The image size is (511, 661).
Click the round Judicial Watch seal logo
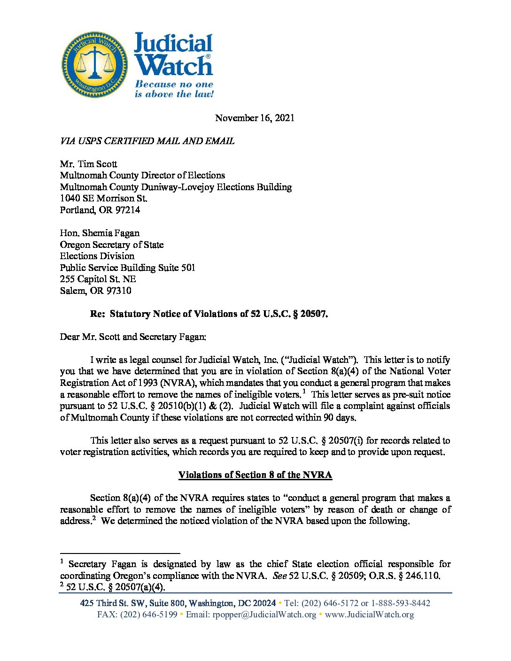(x=95, y=65)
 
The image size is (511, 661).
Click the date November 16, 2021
(x=255, y=118)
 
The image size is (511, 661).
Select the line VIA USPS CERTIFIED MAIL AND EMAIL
(x=147, y=141)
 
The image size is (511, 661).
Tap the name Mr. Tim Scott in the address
(x=88, y=164)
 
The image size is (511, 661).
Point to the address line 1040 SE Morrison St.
(x=103, y=198)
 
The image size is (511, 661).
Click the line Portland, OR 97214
(x=100, y=210)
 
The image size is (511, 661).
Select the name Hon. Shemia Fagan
(x=100, y=233)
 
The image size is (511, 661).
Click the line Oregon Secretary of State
(x=112, y=245)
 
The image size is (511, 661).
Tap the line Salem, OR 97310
(x=95, y=291)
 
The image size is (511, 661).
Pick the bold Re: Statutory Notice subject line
(x=209, y=314)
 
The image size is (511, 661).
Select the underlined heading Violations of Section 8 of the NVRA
(x=255, y=475)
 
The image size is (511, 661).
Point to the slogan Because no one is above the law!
(x=174, y=89)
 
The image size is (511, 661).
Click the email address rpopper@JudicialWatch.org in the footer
(x=264, y=615)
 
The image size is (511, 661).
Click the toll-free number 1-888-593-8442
(x=401, y=603)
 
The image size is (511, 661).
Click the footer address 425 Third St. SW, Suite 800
(x=133, y=603)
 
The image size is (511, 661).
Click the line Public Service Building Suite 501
(x=127, y=268)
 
